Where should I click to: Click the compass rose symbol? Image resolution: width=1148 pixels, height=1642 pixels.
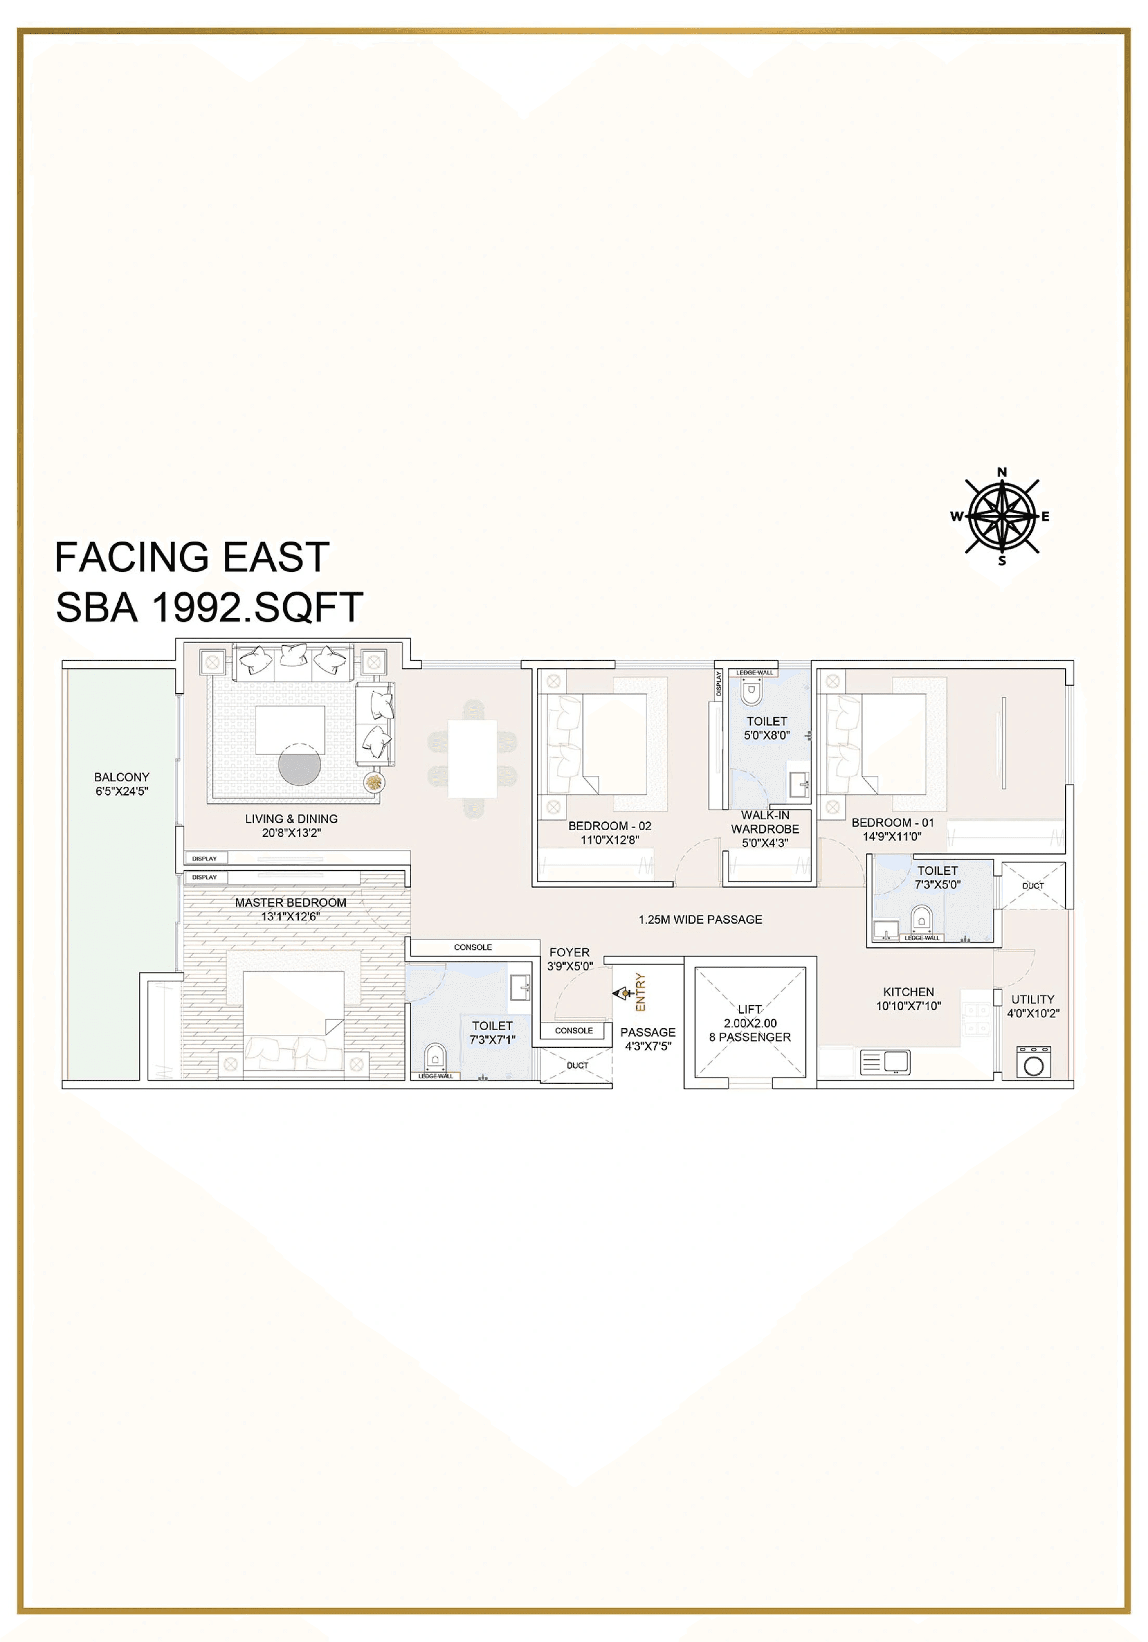point(1002,516)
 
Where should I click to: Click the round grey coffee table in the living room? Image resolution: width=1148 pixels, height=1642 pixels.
point(299,764)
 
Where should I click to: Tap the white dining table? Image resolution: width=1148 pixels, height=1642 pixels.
point(473,759)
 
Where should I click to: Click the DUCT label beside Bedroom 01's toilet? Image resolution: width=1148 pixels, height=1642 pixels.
point(1033,885)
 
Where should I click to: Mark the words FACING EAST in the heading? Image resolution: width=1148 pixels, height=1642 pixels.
point(192,557)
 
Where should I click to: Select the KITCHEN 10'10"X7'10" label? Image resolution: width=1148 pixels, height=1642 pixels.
point(908,998)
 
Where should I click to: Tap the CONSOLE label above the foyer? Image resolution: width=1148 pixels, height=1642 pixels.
point(473,947)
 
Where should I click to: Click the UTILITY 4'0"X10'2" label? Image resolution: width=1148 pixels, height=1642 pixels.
point(1033,1006)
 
